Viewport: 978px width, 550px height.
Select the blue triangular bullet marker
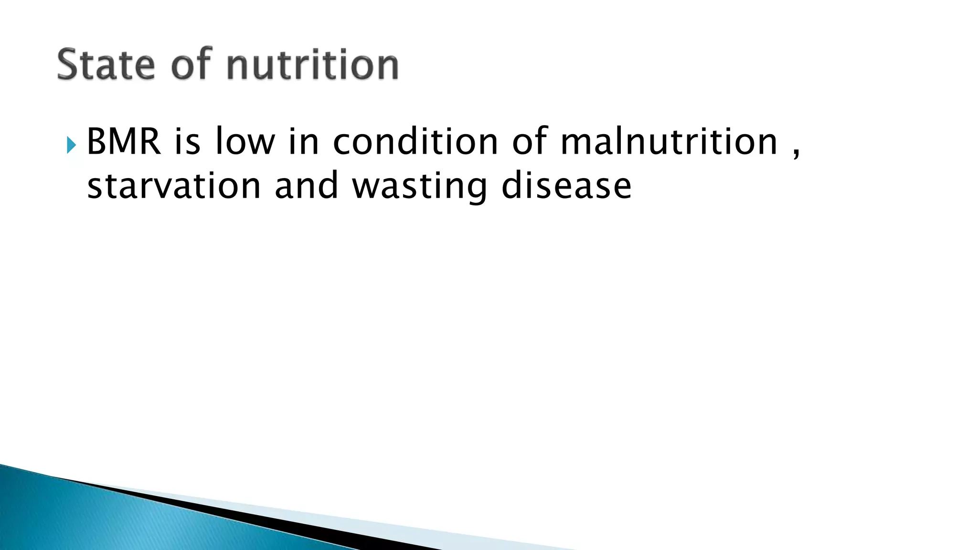[71, 145]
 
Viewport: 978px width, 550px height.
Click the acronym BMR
[124, 142]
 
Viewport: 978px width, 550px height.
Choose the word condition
[415, 142]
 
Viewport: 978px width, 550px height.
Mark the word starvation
[174, 186]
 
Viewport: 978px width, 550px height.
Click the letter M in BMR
[123, 142]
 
